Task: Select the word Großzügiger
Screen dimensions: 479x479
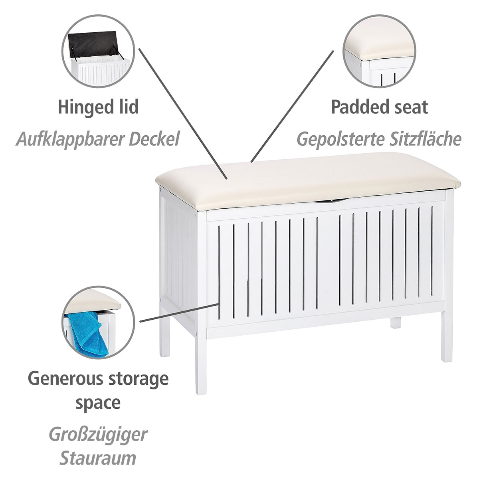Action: (x=98, y=435)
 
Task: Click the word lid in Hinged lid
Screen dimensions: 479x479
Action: (x=127, y=107)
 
